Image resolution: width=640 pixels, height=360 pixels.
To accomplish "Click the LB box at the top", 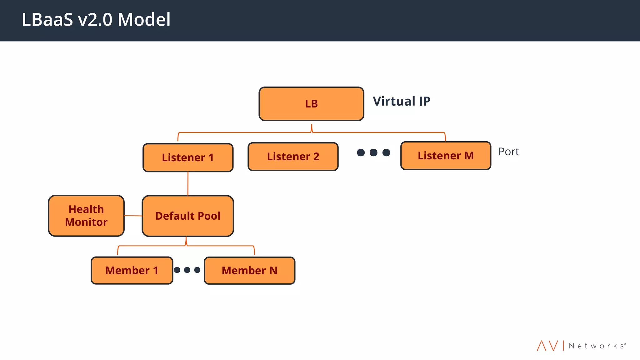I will tap(311, 104).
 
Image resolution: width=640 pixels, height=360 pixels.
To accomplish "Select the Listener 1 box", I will tap(188, 157).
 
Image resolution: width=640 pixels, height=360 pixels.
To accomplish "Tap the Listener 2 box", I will tap(293, 157).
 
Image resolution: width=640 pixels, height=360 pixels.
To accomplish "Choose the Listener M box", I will tap(446, 156).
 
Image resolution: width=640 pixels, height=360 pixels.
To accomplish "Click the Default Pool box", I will tap(188, 216).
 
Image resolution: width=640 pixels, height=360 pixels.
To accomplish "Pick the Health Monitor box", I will tap(86, 216).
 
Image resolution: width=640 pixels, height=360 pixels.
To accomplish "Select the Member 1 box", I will tap(132, 270).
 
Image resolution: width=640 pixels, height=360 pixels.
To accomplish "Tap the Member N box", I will tap(249, 270).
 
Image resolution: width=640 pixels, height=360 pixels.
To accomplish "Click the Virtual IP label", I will tap(401, 101).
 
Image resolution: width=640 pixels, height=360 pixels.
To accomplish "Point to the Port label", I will tap(508, 152).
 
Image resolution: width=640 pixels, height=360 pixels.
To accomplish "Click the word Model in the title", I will tap(144, 20).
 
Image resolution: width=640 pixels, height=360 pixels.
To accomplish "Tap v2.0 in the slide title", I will tap(95, 20).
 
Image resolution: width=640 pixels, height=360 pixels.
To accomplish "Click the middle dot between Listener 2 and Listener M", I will tap(373, 152).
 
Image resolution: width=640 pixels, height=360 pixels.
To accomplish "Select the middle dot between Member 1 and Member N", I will tap(187, 270).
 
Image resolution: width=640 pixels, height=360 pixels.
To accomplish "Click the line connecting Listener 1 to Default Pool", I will tap(188, 184).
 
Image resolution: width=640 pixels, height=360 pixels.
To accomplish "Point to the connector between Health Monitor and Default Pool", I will tap(133, 216).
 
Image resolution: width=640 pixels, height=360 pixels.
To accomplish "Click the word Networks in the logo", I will tap(597, 346).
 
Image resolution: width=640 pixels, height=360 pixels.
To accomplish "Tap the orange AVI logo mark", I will tap(547, 346).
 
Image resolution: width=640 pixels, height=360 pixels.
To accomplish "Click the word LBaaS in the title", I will tap(47, 20).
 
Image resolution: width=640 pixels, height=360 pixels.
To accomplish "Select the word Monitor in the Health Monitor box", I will tap(86, 222).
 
